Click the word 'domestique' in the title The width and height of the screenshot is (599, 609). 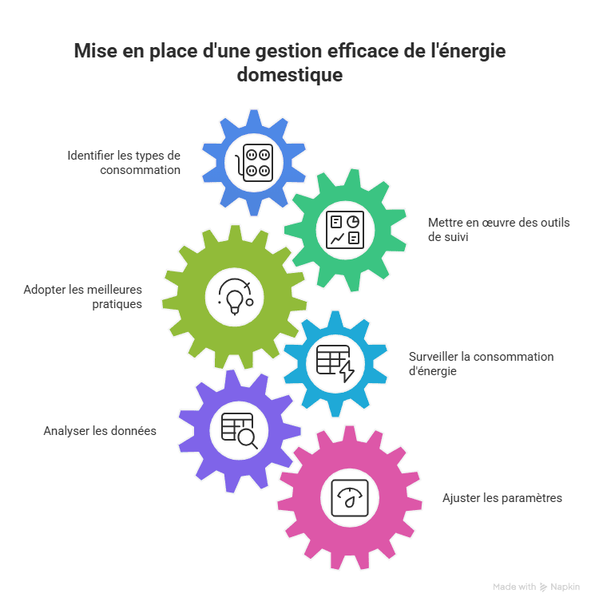pos(290,74)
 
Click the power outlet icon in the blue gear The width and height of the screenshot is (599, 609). pos(254,163)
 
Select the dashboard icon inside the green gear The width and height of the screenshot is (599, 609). pos(345,230)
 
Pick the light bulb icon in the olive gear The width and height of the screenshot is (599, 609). pos(235,297)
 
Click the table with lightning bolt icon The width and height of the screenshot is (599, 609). pos(335,363)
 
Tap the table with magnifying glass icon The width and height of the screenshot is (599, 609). pos(239,431)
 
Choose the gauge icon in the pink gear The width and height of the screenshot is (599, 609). pos(350,498)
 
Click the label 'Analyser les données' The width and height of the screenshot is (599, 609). pos(100,431)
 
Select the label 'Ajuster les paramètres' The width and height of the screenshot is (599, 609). pos(502,498)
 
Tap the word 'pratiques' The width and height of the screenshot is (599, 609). pos(117,304)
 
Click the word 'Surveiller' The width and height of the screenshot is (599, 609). pos(434,357)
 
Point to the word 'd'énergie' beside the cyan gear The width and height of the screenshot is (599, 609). pos(433,371)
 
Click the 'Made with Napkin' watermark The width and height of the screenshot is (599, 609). pos(536,587)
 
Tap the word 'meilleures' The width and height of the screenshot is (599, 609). pos(117,290)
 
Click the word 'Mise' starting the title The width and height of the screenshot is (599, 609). pos(96,51)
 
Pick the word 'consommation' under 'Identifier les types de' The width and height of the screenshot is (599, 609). pos(140,170)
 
